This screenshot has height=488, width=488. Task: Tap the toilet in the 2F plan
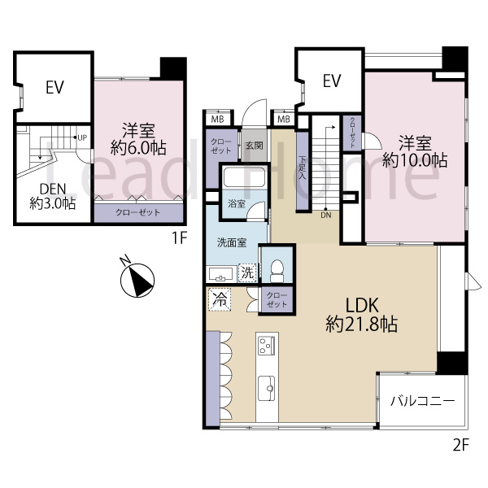(277, 271)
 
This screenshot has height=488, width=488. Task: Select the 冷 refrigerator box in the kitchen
(220, 299)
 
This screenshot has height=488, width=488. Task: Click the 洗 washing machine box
(247, 272)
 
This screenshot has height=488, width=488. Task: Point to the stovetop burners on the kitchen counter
(267, 345)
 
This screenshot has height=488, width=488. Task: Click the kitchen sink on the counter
(267, 389)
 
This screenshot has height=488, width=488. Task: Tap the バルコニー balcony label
(422, 400)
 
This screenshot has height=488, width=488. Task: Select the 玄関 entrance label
(255, 146)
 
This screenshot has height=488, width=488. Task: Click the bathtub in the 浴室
(244, 176)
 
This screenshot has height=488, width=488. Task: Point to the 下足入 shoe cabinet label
(302, 168)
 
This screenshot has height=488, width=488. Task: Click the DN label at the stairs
(326, 215)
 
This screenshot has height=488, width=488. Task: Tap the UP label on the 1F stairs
(82, 137)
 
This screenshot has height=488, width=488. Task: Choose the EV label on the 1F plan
(54, 87)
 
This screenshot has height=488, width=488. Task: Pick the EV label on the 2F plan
(332, 81)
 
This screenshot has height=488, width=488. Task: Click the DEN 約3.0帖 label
(53, 196)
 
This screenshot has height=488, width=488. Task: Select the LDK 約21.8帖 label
(362, 315)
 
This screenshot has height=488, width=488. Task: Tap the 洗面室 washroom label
(232, 242)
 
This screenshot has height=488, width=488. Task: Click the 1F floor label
(179, 238)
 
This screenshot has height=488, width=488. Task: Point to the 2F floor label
(460, 444)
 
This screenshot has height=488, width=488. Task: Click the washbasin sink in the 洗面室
(221, 275)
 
